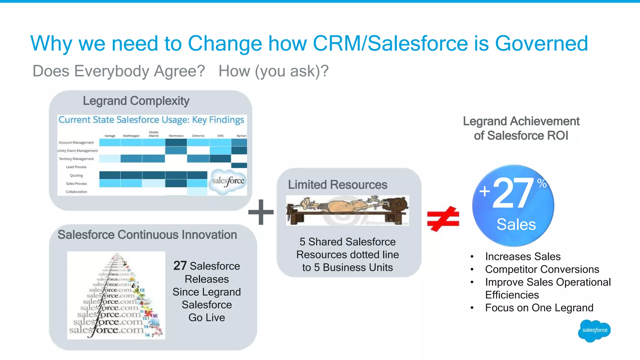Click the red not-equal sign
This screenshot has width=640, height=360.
pyautogui.click(x=443, y=219)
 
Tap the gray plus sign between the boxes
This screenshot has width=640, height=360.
pyautogui.click(x=261, y=212)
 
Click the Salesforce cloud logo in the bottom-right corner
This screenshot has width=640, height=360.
pyautogui.click(x=594, y=331)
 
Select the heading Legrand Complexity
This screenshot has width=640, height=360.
pyautogui.click(x=136, y=101)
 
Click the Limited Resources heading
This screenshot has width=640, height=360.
pyautogui.click(x=337, y=185)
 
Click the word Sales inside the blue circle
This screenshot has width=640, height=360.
pyautogui.click(x=516, y=224)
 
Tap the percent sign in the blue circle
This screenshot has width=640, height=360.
pyautogui.click(x=542, y=183)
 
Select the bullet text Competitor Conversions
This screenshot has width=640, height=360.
pyautogui.click(x=542, y=269)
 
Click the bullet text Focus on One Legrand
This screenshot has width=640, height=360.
pyautogui.click(x=539, y=308)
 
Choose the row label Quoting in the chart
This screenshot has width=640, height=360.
pyautogui.click(x=76, y=176)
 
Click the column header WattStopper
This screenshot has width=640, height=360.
pyautogui.click(x=131, y=136)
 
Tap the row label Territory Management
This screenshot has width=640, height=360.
pyautogui.click(x=76, y=159)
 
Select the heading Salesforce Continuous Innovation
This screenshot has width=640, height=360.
pyautogui.click(x=147, y=235)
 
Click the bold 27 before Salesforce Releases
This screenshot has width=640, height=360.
pyautogui.click(x=180, y=266)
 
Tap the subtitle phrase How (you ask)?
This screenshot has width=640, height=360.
pyautogui.click(x=273, y=71)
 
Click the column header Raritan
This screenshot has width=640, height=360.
pyautogui.click(x=241, y=136)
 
